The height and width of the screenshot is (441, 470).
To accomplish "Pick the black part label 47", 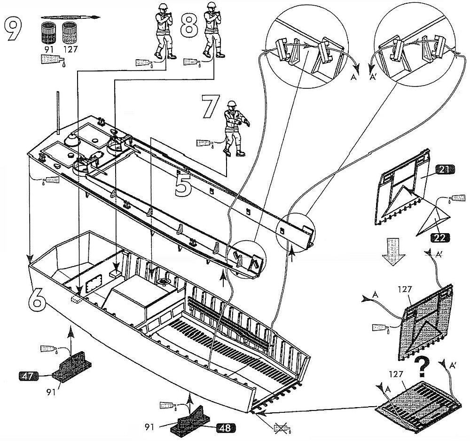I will [29, 375].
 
